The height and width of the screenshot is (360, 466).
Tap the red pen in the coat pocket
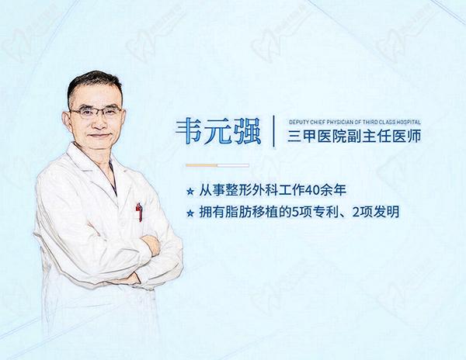139,211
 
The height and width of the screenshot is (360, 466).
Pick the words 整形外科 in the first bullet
249,189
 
